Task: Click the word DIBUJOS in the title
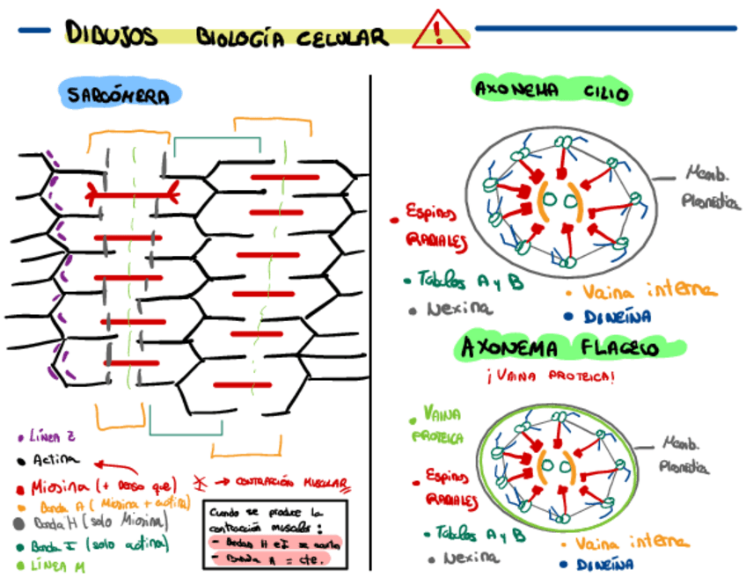(x=111, y=34)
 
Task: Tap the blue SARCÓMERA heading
(x=121, y=96)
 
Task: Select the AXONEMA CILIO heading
(x=552, y=91)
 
